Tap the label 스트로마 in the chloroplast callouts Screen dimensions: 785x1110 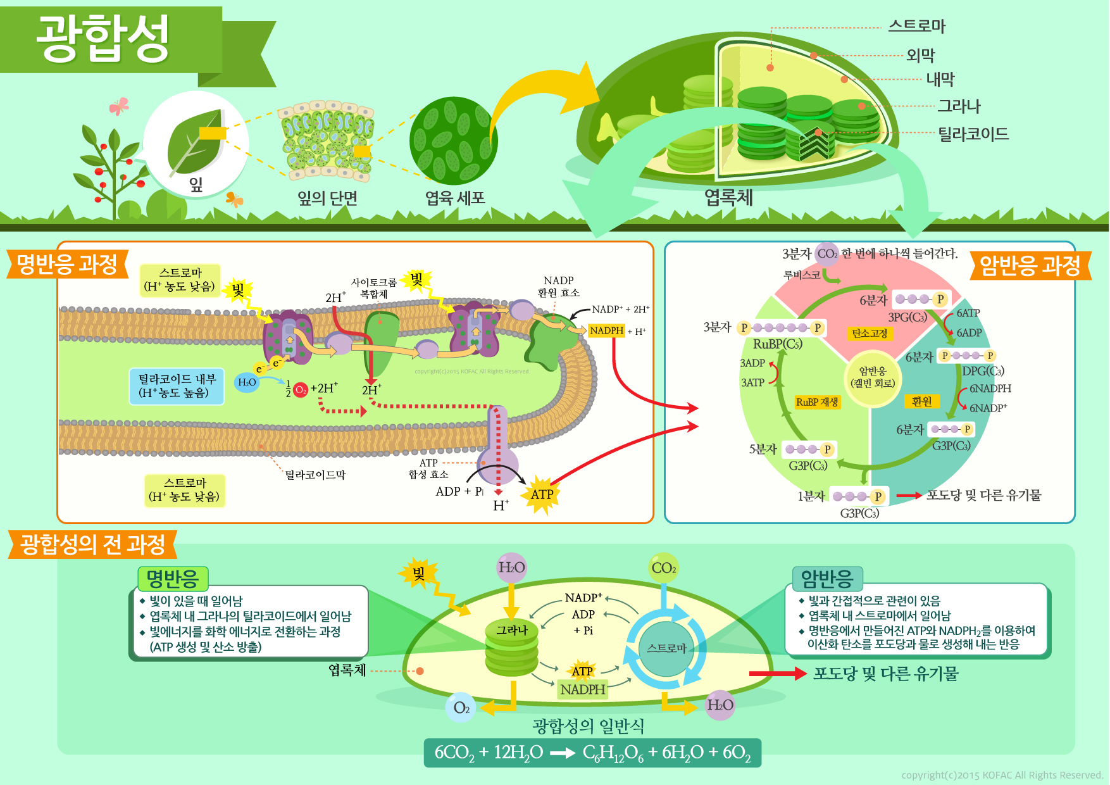click(x=916, y=27)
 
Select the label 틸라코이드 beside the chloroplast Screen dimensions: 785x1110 click(x=973, y=134)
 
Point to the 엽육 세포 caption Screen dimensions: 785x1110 click(x=455, y=199)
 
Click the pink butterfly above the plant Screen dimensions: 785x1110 click(x=118, y=106)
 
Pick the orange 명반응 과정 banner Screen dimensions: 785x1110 click(x=67, y=264)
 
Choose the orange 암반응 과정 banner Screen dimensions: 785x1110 click(x=1030, y=266)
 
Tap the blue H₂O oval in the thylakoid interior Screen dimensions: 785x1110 click(x=247, y=382)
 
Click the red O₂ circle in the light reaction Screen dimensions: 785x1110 click(x=301, y=389)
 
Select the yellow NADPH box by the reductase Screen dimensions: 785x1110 click(x=606, y=330)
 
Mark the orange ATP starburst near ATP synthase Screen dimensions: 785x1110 click(x=542, y=494)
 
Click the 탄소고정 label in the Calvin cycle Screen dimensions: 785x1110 click(x=870, y=333)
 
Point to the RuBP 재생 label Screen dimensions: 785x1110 click(x=817, y=402)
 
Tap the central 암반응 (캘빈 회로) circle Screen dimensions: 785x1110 click(x=872, y=377)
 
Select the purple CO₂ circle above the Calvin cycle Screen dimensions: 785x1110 click(x=826, y=254)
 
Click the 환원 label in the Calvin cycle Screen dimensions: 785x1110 click(x=921, y=401)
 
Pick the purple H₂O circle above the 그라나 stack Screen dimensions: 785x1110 click(x=511, y=567)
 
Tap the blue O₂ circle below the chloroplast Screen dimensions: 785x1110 click(x=461, y=708)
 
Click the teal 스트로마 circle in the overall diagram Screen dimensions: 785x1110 click(x=666, y=648)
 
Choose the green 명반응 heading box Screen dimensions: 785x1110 click(x=172, y=578)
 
